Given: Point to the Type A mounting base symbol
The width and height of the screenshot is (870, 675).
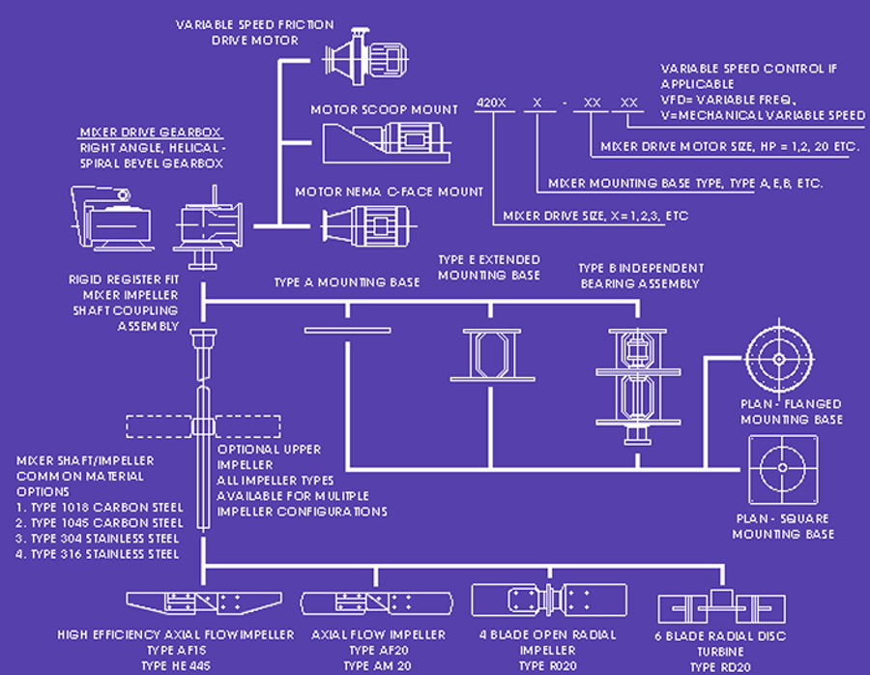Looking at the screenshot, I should point(346,331).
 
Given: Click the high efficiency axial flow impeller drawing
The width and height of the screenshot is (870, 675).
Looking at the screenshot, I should point(204,603).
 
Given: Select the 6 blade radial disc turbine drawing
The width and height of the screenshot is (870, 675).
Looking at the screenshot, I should point(719,607).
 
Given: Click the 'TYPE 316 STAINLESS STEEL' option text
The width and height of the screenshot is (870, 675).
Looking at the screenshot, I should point(98,554).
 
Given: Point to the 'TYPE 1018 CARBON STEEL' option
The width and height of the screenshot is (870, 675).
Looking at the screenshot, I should point(98,508).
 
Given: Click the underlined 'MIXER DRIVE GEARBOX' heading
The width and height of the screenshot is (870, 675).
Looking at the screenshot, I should point(149,132).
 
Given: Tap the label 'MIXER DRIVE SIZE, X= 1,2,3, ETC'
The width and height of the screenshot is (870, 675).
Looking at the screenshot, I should point(594,216).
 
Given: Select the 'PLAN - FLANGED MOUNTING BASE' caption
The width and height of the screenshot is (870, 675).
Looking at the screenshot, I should point(791,411).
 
